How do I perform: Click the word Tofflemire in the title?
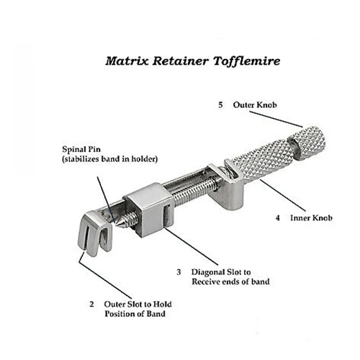pos(246,61)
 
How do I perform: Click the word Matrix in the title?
pos(127,61)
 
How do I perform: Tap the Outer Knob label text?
pos(255,105)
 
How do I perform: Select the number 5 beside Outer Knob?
pos(220,105)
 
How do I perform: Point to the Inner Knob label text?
pos(311,218)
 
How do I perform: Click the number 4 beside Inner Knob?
pos(278,218)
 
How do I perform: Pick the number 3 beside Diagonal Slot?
pos(179,272)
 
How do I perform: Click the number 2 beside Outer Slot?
pos(91,305)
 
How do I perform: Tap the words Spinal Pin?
pos(81,149)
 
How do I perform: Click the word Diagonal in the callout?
pos(208,272)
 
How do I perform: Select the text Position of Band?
pos(135,314)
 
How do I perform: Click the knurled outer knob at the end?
pos(307,143)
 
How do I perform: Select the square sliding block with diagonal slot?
pos(150,209)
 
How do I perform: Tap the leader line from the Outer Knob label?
pos(276,119)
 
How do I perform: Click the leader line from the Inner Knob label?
pos(283,195)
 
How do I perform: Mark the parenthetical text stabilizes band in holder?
pos(110,159)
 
